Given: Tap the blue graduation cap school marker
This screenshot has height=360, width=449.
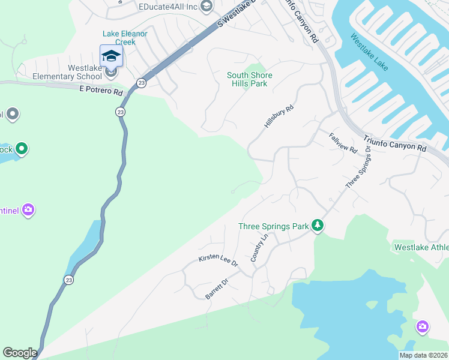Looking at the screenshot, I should (x=111, y=56).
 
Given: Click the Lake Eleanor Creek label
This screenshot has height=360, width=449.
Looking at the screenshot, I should (x=125, y=38).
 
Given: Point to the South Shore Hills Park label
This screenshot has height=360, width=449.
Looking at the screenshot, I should (x=249, y=79).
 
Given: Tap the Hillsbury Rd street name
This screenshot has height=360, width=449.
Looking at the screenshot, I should (x=279, y=116).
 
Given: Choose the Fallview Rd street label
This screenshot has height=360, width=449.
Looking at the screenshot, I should (x=343, y=143).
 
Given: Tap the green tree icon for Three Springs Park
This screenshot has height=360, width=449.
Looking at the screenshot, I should (x=318, y=226).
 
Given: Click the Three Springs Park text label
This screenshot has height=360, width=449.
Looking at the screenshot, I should (x=273, y=226).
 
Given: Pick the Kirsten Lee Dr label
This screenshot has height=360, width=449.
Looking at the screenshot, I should (x=218, y=260).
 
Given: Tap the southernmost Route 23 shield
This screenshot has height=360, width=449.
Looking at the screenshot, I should (x=70, y=280).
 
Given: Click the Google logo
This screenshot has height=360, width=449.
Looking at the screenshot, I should (x=20, y=353).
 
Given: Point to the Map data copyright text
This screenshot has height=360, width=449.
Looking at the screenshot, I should (x=423, y=355).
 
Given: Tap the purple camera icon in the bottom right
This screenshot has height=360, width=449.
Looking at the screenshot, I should (x=423, y=327).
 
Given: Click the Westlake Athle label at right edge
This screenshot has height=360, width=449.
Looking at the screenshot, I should (x=421, y=247).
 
